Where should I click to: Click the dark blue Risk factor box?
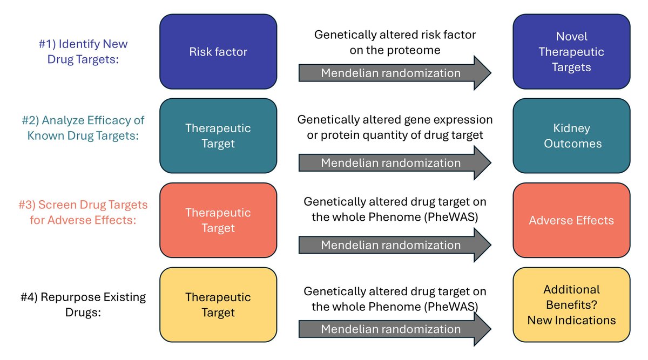(218, 51)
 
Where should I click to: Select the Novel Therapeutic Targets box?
(571, 51)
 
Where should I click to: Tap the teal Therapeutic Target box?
(218, 135)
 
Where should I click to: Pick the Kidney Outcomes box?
(571, 135)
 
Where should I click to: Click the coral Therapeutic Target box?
(218, 220)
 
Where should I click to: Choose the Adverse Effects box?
(571, 220)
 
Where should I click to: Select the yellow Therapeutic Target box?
(218, 304)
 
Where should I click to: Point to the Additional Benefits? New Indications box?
(571, 304)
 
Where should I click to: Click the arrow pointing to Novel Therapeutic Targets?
(395, 73)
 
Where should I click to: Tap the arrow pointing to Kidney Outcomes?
(395, 163)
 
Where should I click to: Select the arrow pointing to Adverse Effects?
(395, 245)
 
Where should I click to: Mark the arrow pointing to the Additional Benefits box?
(395, 329)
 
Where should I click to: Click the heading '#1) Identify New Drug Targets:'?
(83, 51)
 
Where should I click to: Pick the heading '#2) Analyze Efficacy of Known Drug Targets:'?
(83, 128)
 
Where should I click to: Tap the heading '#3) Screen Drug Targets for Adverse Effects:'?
(83, 212)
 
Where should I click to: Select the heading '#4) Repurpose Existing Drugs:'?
(83, 304)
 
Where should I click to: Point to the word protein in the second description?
(340, 135)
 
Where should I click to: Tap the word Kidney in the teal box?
(571, 128)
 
